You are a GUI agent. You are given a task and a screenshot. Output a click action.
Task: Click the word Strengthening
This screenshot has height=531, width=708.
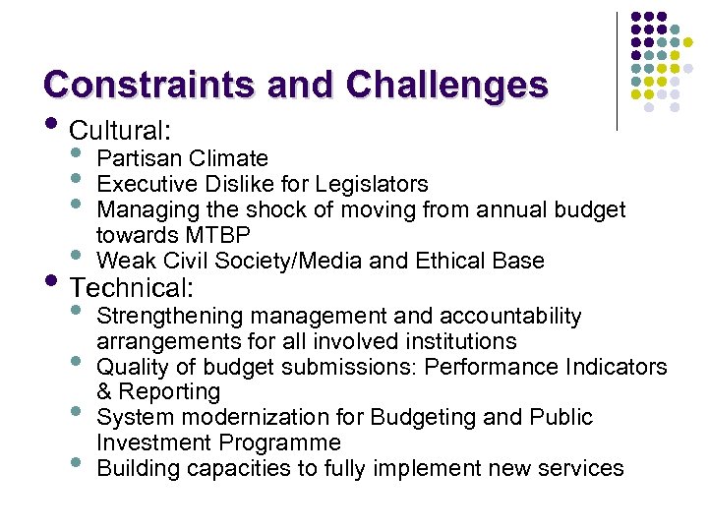[x=170, y=317]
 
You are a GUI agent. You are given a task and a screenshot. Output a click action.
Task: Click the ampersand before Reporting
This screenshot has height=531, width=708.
[x=105, y=391]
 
